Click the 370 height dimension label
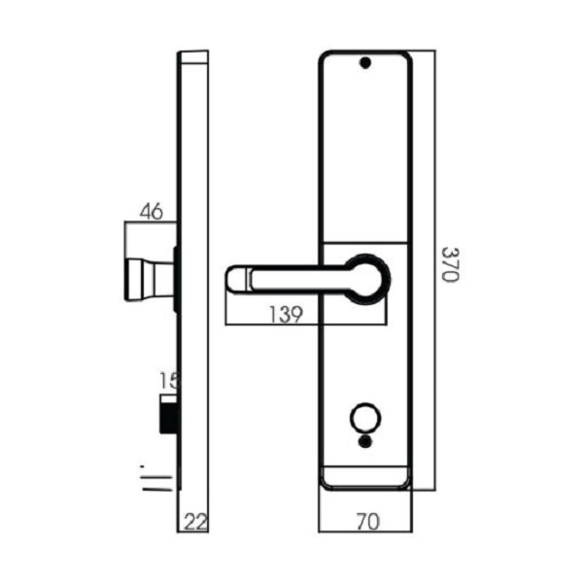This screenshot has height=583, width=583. click(x=449, y=263)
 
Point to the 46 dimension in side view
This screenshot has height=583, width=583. click(x=150, y=211)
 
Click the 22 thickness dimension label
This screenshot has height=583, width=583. click(x=194, y=522)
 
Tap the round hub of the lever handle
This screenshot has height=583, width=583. click(x=367, y=277)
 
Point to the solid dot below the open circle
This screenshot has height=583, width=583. click(x=365, y=441)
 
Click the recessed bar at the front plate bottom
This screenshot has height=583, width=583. click(x=365, y=475)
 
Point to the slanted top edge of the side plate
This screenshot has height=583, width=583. click(x=194, y=55)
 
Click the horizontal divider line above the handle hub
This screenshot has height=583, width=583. click(x=364, y=241)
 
